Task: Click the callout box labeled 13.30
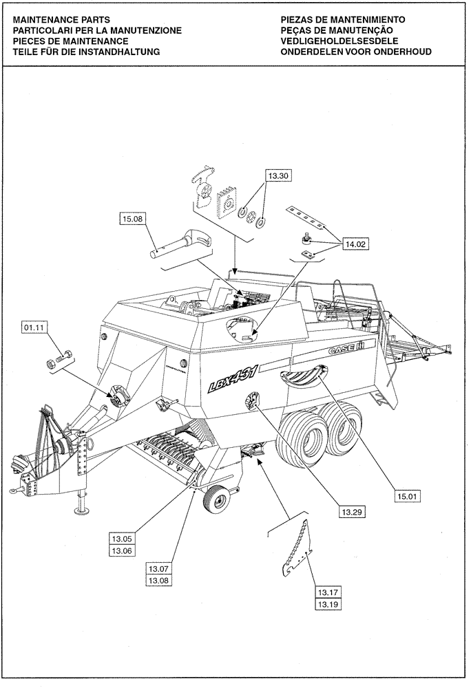[x=280, y=177]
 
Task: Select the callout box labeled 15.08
[x=133, y=220]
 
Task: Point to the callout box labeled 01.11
[x=34, y=328]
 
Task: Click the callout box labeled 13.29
[x=351, y=512]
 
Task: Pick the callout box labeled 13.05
[x=121, y=539]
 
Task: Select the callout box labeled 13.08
[x=159, y=580]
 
